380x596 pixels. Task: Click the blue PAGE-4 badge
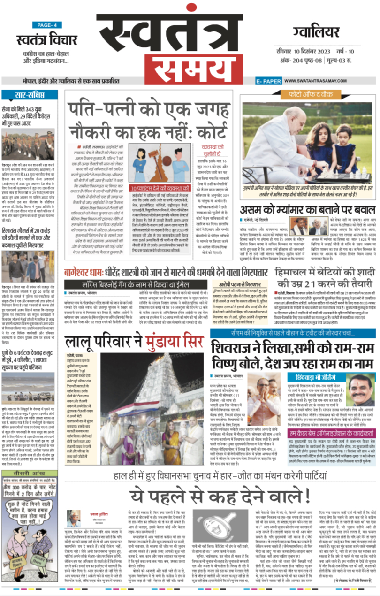point(47,25)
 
